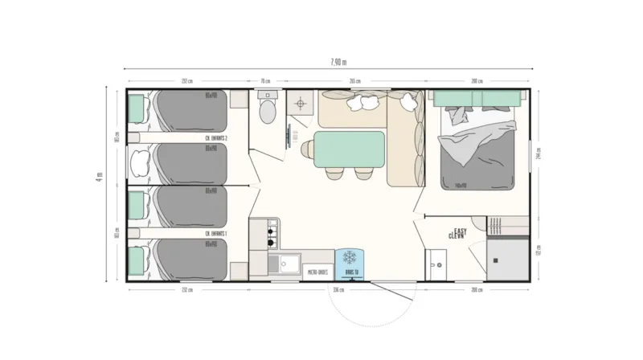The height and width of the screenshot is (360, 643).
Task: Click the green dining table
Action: pyautogui.click(x=349, y=149)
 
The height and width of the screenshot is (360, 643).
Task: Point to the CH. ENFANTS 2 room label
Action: pyautogui.click(x=215, y=138)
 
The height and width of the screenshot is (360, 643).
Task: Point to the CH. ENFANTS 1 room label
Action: pyautogui.click(x=215, y=234)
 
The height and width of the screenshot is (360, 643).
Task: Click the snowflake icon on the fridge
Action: pyautogui.click(x=349, y=258)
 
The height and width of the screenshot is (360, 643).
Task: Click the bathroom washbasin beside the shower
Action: pyautogui.click(x=437, y=262)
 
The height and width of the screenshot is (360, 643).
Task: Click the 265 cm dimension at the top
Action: pyautogui.click(x=354, y=81)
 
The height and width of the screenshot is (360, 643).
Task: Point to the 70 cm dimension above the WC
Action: pyautogui.click(x=265, y=81)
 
